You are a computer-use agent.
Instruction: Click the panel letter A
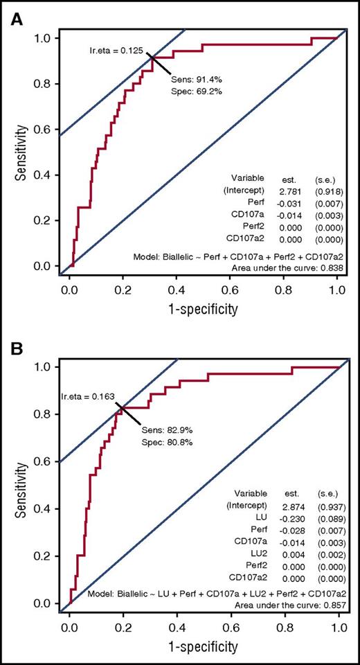pyautogui.click(x=15, y=20)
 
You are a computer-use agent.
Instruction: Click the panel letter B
pyautogui.click(x=15, y=346)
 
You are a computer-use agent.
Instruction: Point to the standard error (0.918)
pyautogui.click(x=325, y=191)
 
